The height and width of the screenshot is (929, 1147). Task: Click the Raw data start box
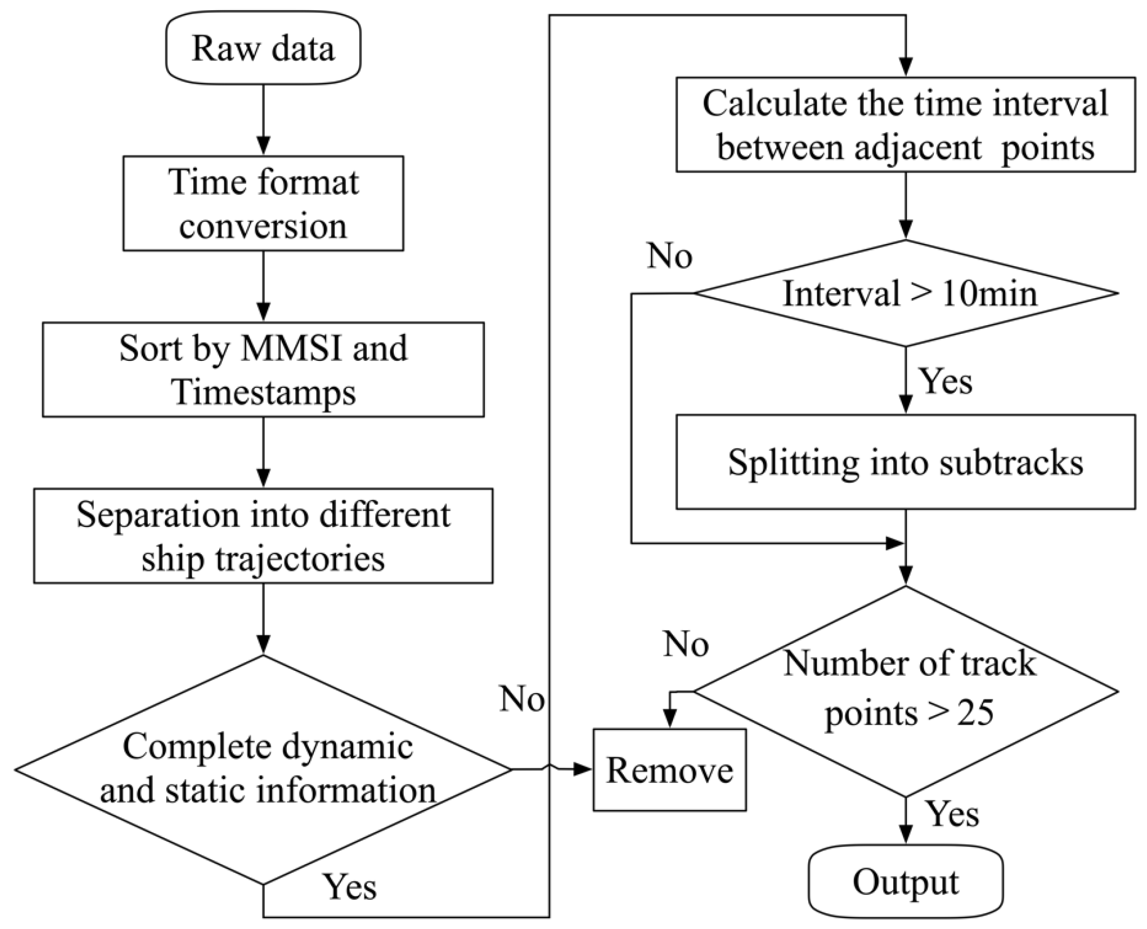pos(263,48)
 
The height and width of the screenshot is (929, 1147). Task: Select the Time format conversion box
pos(263,203)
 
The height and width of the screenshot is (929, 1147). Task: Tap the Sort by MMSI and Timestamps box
pos(263,370)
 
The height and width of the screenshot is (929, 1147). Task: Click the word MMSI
pos(291,348)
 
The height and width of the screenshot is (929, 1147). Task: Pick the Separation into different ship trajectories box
pos(263,536)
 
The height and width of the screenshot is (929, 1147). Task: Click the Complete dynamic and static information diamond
pos(263,769)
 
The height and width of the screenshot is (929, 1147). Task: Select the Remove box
pos(669,770)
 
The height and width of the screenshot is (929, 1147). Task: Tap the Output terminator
pos(905,882)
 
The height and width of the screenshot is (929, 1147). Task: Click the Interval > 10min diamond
pos(905,294)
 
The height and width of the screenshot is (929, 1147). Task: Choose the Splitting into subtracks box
pos(905,462)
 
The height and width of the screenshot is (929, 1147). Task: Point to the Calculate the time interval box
pos(905,125)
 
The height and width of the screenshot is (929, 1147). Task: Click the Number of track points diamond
pos(905,691)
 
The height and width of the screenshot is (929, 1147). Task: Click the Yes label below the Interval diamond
pos(946,381)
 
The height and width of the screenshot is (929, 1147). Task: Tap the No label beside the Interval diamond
pos(669,255)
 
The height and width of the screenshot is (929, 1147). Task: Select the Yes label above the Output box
pos(952,814)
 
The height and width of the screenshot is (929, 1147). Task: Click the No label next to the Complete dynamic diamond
pos(522,699)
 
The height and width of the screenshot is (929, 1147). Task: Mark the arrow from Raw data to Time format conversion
pos(263,120)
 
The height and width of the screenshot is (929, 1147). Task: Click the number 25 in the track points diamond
pos(975,713)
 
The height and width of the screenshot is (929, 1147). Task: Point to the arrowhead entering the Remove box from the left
pos(583,769)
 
